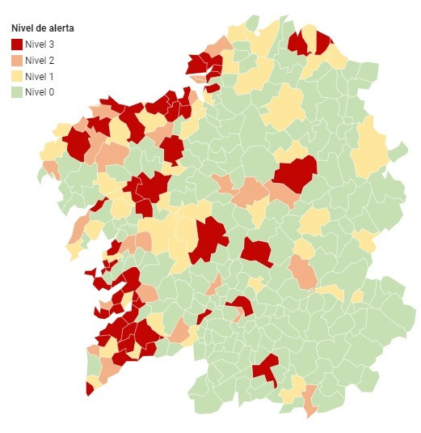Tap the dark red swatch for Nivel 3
click(17, 45)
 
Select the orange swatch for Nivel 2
click(17, 61)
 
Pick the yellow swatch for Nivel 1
click(17, 76)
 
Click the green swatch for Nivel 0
click(17, 92)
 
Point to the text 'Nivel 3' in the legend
click(40, 45)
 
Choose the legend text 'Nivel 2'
click(40, 61)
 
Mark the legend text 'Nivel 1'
click(40, 76)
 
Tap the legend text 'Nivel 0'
click(40, 92)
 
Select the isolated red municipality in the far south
click(265, 368)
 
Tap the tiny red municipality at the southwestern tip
click(89, 389)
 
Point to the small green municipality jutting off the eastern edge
click(398, 151)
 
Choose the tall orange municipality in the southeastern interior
click(304, 273)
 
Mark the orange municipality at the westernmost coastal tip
click(50, 168)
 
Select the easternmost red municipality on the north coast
click(323, 42)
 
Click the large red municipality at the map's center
click(208, 240)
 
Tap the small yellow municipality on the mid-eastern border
click(366, 240)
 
